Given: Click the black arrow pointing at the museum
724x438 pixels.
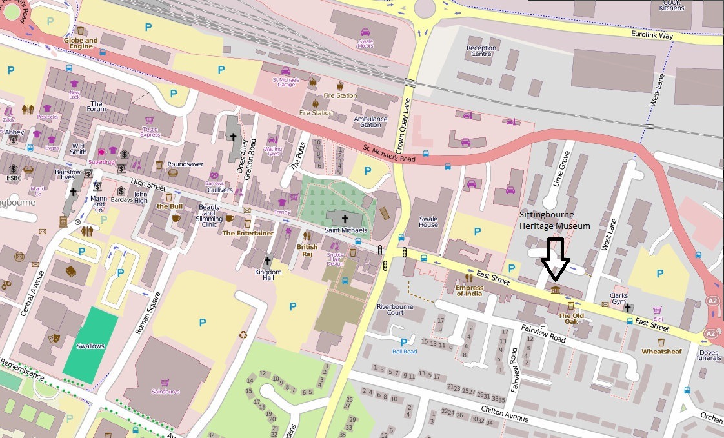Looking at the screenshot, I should [555, 259].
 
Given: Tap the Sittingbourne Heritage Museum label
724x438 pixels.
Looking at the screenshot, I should [555, 220].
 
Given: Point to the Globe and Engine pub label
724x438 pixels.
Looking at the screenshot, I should [81, 43].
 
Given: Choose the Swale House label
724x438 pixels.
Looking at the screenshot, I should [428, 221].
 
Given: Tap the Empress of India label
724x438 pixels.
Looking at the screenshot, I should [469, 290].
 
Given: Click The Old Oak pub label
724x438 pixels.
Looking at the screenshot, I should [571, 318].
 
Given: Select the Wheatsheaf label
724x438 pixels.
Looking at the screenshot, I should [661, 352].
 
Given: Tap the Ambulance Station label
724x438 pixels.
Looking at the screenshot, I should [371, 121].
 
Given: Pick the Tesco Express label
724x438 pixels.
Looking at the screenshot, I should [150, 132].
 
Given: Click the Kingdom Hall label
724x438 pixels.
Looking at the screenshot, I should [268, 272].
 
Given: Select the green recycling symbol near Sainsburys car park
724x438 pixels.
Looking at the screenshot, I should [243, 334].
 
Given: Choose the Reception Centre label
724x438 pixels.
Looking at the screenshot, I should [481, 51].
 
